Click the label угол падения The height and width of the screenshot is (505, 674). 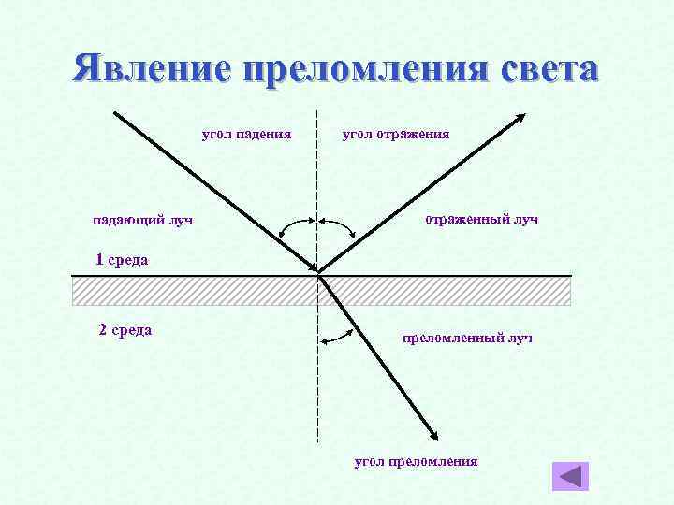(246, 134)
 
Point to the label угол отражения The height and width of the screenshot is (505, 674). (396, 134)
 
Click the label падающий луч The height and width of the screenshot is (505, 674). (142, 221)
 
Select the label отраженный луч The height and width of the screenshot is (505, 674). (481, 219)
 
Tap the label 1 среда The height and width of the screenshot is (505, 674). (122, 259)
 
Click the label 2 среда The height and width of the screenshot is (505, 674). (125, 329)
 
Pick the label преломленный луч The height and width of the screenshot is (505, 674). (467, 337)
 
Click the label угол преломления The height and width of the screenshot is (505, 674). (416, 461)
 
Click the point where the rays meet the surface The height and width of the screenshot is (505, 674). (318, 275)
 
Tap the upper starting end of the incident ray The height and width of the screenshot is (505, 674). (114, 113)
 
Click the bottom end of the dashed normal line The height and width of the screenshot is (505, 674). (318, 440)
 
